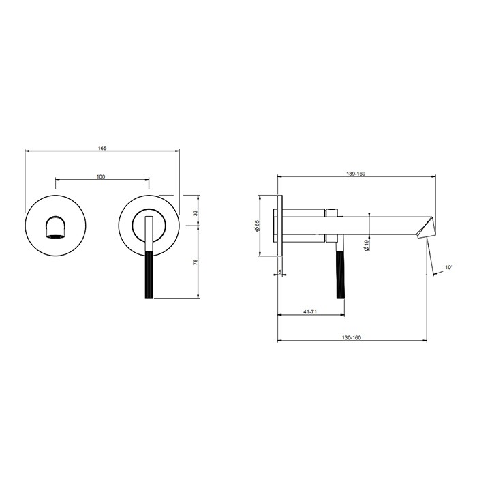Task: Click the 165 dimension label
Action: [x=102, y=148]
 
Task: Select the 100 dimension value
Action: [x=101, y=176]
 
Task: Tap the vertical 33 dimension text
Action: [x=196, y=213]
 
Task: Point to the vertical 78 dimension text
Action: [x=196, y=262]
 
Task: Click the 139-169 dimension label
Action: [x=356, y=174]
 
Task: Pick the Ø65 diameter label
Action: [x=258, y=226]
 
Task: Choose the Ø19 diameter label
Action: [x=367, y=245]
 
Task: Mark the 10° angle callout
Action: [x=449, y=267]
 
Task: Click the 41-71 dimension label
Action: [x=310, y=311]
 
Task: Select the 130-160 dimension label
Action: [x=352, y=337]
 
